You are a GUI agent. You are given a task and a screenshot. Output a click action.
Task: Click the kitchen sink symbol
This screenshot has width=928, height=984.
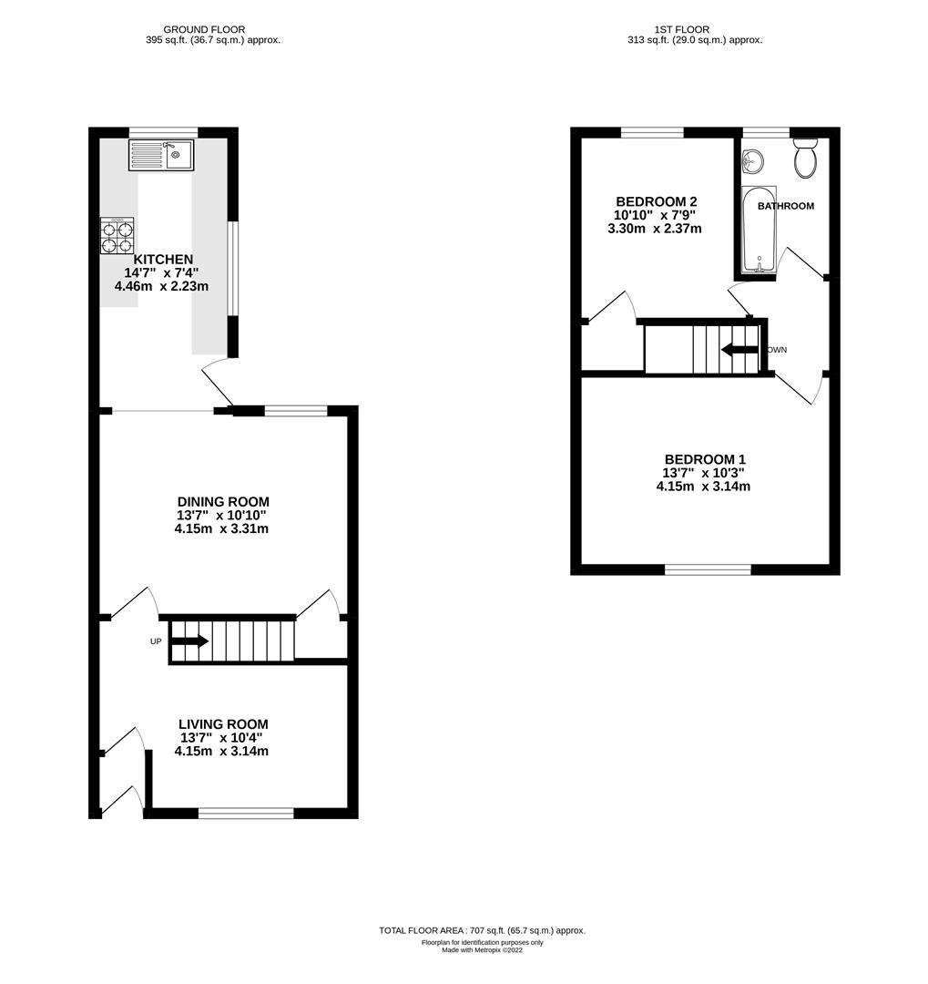[x=161, y=155]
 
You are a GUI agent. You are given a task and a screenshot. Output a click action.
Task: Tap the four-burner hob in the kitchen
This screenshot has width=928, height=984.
[x=117, y=237]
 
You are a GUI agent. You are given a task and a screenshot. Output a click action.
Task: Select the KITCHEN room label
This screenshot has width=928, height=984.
[x=163, y=260]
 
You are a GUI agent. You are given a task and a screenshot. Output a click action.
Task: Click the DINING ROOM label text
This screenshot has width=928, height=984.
[x=223, y=502]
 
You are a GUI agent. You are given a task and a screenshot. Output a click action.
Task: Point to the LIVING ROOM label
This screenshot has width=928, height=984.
[x=223, y=724]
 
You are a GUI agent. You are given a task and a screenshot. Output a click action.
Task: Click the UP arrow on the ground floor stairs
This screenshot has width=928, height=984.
[x=189, y=641]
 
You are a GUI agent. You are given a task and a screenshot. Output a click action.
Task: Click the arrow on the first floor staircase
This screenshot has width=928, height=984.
[x=739, y=350]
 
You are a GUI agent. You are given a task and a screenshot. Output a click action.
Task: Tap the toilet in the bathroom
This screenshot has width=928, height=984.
[x=805, y=159]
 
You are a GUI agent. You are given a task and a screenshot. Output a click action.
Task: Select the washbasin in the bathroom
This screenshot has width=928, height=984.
[x=753, y=162]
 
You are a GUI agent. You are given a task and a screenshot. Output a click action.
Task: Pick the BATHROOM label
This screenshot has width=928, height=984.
[x=786, y=206]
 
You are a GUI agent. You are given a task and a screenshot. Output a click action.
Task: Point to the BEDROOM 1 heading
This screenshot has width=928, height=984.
[x=705, y=459]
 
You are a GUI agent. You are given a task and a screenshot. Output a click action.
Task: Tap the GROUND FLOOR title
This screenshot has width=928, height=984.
[x=212, y=29]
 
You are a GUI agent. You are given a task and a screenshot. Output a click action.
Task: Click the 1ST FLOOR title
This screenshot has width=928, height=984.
[x=694, y=29]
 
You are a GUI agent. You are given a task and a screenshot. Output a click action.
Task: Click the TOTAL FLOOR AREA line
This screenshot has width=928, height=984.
[x=482, y=930]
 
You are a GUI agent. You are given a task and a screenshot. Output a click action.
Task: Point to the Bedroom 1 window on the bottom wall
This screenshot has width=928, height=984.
[x=708, y=569]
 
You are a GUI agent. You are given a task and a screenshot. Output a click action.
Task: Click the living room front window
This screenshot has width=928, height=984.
[x=246, y=813]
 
